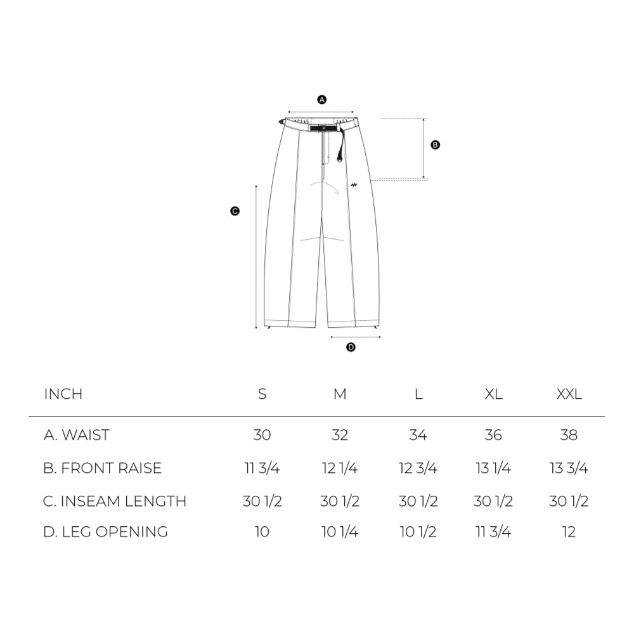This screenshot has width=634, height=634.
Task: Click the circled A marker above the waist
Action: click(x=321, y=100)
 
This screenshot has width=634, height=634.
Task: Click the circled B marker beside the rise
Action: click(x=435, y=145)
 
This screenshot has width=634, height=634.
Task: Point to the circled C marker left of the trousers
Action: click(x=235, y=212)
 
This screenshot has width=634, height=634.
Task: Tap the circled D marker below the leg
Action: click(x=351, y=347)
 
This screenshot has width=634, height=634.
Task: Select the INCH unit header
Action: click(x=63, y=394)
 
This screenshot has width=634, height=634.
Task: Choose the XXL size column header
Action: click(x=569, y=394)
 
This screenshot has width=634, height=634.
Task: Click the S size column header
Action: click(x=262, y=394)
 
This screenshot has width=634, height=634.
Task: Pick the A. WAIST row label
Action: click(x=77, y=435)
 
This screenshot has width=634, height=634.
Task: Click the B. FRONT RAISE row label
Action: click(x=102, y=468)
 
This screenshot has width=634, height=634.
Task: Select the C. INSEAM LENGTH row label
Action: click(x=115, y=501)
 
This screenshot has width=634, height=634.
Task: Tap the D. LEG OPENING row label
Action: click(x=105, y=531)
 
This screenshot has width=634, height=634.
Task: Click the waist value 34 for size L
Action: click(x=418, y=435)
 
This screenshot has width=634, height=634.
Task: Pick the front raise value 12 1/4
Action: click(x=340, y=468)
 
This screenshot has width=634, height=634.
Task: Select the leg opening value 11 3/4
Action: click(x=493, y=531)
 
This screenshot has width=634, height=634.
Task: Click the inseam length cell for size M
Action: click(x=340, y=501)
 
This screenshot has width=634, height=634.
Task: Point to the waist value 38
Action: click(x=569, y=435)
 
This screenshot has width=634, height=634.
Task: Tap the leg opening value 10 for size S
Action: click(x=262, y=531)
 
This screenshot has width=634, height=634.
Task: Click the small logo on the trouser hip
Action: click(x=353, y=185)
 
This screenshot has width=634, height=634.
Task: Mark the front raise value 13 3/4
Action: click(x=569, y=468)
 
